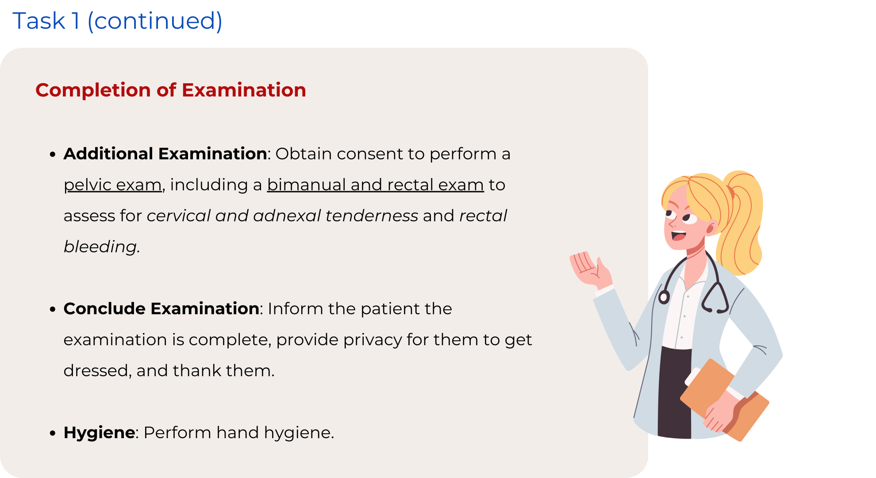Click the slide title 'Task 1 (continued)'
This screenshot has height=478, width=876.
coord(117,21)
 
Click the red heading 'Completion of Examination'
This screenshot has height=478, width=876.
coord(171,90)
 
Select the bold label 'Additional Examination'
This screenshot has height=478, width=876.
coord(165,154)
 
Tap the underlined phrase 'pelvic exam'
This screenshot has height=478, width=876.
coord(113,185)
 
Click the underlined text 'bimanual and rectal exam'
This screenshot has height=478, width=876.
coord(376,185)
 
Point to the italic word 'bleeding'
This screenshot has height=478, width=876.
coord(100,247)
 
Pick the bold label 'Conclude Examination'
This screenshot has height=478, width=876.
coord(161,308)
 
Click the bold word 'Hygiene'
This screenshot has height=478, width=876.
coord(100,433)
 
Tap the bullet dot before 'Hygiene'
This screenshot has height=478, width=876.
coord(53,433)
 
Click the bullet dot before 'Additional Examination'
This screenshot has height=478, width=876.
coord(53,154)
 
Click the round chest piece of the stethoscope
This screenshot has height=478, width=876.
coord(664,297)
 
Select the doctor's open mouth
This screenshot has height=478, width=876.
coord(678,235)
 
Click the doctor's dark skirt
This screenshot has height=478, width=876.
coord(674,392)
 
